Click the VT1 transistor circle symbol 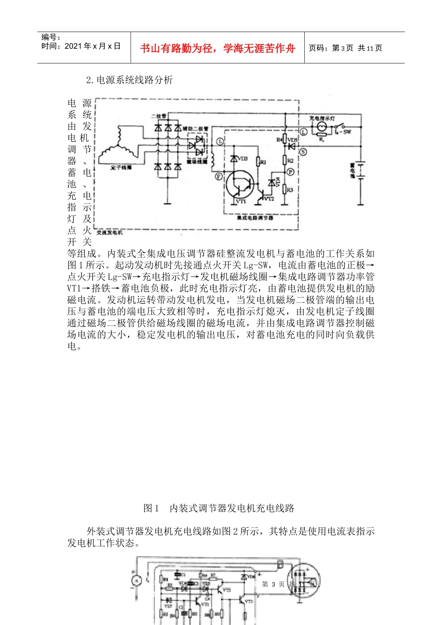coord(240,185)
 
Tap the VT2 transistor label coord(269,199)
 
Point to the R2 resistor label coord(290,160)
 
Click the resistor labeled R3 coord(285,190)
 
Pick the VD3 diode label coord(243,159)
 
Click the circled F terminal coord(219,177)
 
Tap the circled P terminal coord(290,172)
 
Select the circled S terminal coord(303,152)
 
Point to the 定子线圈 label coord(121,167)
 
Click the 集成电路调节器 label coord(254,218)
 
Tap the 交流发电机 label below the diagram coord(110,232)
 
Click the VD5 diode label coord(293,140)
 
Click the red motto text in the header coord(217,48)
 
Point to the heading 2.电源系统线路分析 coord(129,80)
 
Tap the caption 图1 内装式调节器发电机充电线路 coord(219,508)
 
